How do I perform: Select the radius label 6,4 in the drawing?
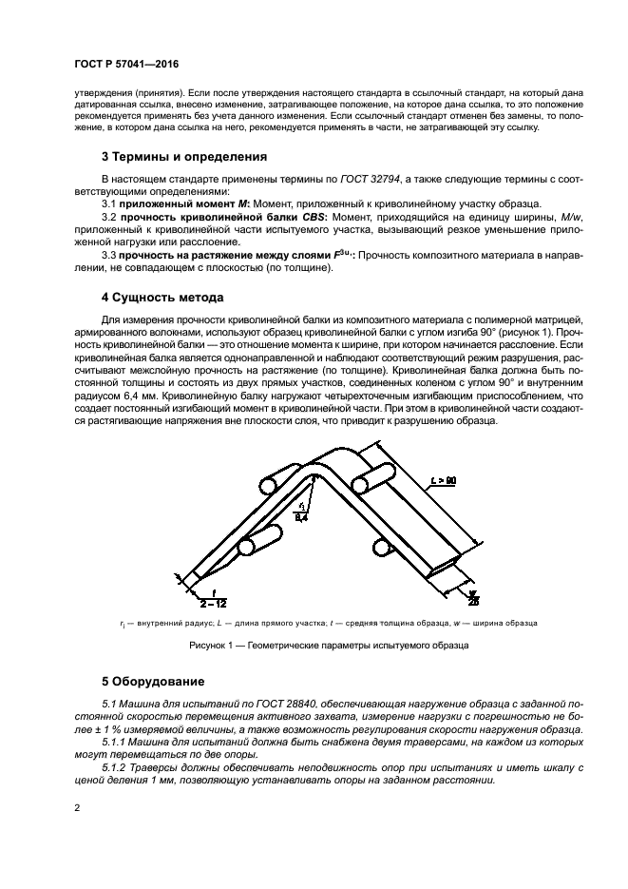pos(301,518)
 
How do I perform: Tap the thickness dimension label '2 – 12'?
pos(211,602)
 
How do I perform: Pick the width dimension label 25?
pos(472,602)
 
